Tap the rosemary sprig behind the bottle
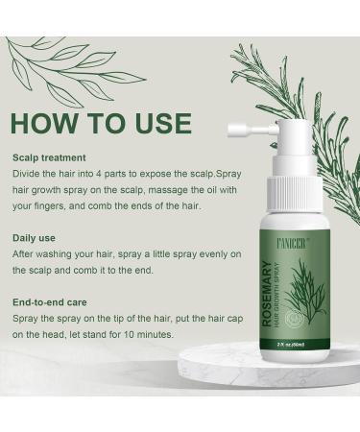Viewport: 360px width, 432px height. tap(317, 106)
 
